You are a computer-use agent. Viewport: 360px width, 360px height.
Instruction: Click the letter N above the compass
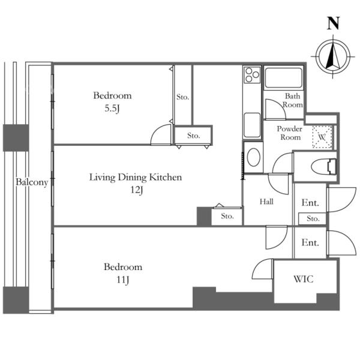click(x=333, y=23)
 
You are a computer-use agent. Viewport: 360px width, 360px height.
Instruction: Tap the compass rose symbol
click(x=333, y=56)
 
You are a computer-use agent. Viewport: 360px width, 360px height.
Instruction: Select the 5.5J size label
click(x=112, y=109)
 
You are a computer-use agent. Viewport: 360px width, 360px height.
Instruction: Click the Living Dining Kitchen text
click(x=136, y=177)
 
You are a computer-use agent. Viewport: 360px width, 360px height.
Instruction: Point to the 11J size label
click(x=123, y=280)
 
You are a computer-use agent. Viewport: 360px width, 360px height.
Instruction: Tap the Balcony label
click(x=32, y=182)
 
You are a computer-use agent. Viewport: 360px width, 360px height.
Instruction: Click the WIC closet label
click(x=303, y=279)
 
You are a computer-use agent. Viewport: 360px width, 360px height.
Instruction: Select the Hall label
click(x=266, y=202)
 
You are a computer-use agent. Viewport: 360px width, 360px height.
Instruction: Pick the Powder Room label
click(x=290, y=133)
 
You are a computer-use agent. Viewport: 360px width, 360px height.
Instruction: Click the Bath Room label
click(x=293, y=100)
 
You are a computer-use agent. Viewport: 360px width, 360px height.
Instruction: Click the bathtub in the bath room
click(x=283, y=78)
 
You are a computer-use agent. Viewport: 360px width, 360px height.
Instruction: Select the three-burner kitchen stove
click(x=252, y=74)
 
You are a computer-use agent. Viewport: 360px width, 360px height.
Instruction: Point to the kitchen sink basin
click(x=252, y=125)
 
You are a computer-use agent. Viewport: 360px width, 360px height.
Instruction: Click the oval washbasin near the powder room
click(x=253, y=157)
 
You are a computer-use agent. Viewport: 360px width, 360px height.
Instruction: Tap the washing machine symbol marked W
click(x=322, y=137)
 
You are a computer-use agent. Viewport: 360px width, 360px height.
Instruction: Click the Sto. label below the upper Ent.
click(x=313, y=218)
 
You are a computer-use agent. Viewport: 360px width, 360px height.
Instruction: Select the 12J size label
click(x=137, y=190)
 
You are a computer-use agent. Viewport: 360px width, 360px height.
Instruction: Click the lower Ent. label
click(x=310, y=242)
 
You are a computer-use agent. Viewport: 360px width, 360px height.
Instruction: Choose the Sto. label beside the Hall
click(x=227, y=216)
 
